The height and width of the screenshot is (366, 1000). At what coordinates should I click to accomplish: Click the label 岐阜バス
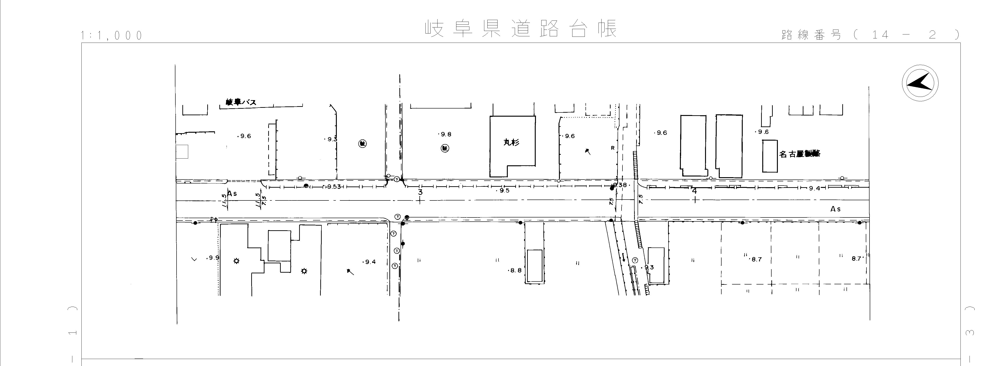pyautogui.click(x=241, y=103)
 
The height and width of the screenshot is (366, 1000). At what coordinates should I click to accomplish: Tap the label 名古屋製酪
pyautogui.click(x=800, y=154)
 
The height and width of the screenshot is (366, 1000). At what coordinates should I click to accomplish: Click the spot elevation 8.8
pyautogui.click(x=515, y=270)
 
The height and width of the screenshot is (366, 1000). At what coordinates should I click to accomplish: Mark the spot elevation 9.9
pyautogui.click(x=214, y=258)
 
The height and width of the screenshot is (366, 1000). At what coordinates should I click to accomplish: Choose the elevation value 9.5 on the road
pyautogui.click(x=504, y=191)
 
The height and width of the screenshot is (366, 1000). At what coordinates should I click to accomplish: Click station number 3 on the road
pyautogui.click(x=420, y=192)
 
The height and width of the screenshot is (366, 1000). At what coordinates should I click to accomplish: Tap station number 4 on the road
pyautogui.click(x=695, y=191)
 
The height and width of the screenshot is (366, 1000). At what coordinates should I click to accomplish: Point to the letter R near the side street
pyautogui.click(x=612, y=148)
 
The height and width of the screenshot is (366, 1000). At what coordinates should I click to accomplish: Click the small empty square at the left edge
pyautogui.click(x=182, y=152)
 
